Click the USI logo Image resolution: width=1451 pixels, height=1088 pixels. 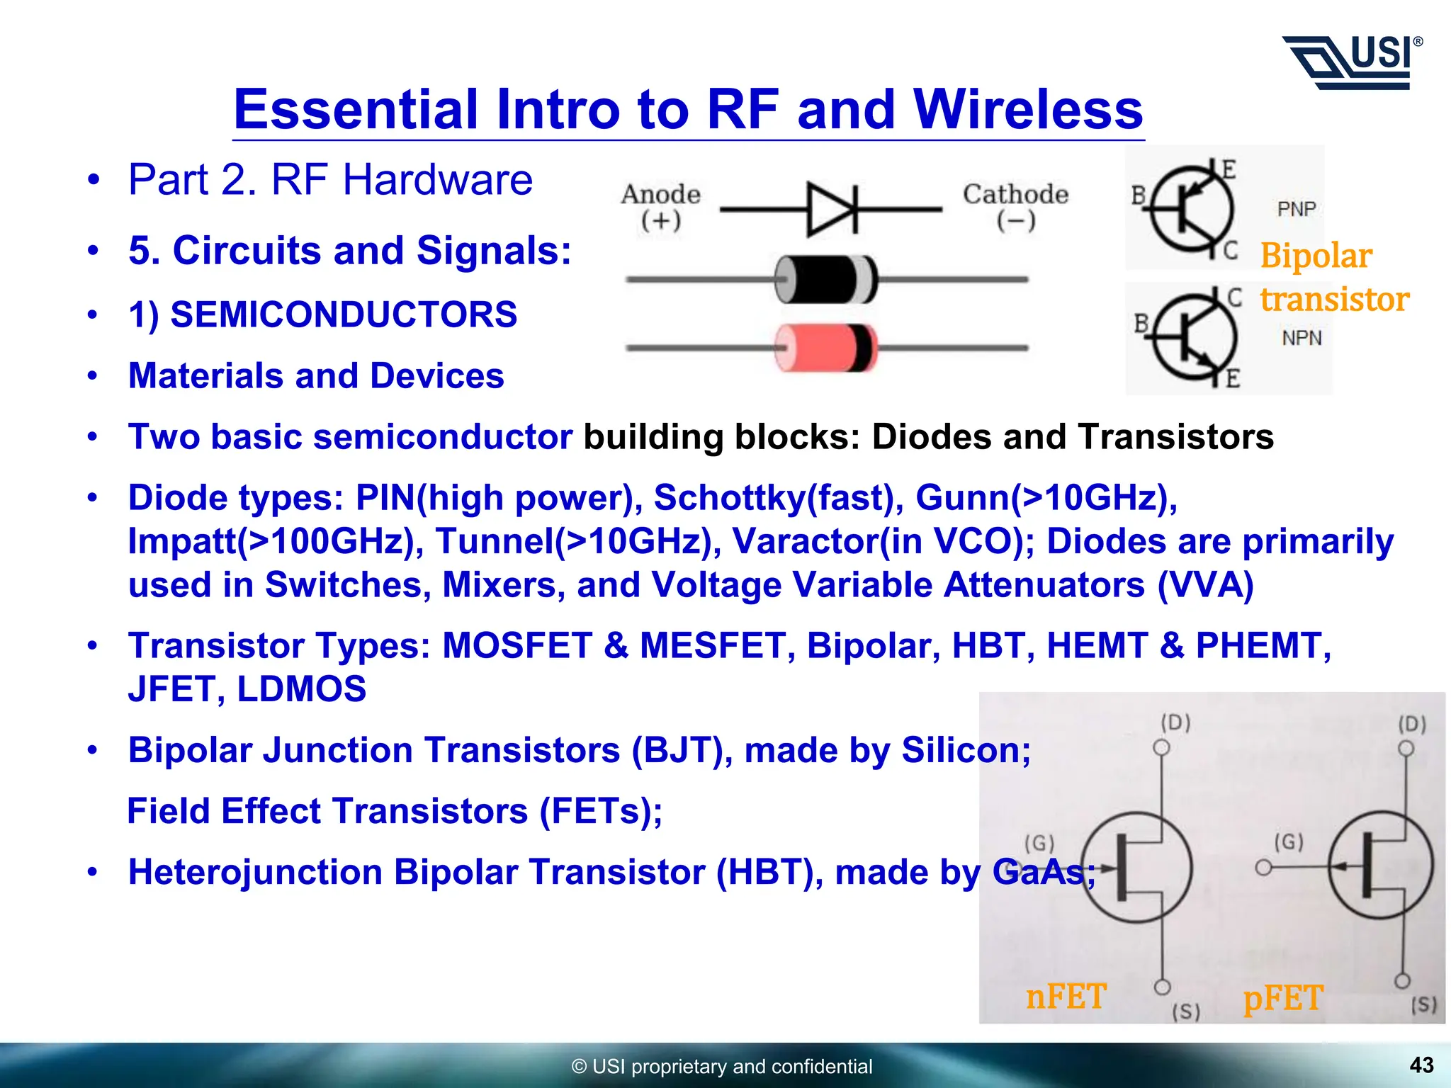pos(1352,62)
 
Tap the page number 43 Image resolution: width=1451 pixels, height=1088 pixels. pos(1421,1065)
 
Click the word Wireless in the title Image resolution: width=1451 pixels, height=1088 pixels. pos(1028,110)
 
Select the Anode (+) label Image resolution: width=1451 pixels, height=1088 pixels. pos(660,206)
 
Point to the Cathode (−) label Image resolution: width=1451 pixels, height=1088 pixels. pos(1015,206)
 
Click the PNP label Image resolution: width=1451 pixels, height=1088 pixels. pos(1296,209)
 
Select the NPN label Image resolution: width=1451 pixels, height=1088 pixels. pos(1302,338)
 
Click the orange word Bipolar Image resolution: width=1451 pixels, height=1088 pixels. pos(1316,255)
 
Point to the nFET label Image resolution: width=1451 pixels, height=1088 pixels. pos(1065,997)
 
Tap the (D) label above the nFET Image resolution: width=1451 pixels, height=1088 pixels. pos(1175,722)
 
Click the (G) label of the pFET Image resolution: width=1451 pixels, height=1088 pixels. pos(1288,841)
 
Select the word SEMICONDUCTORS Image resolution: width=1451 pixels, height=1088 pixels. pos(344,314)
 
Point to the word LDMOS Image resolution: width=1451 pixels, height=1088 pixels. pos(301,689)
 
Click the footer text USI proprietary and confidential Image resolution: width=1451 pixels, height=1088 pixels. pos(723,1066)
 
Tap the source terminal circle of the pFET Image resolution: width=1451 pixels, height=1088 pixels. pos(1401,981)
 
